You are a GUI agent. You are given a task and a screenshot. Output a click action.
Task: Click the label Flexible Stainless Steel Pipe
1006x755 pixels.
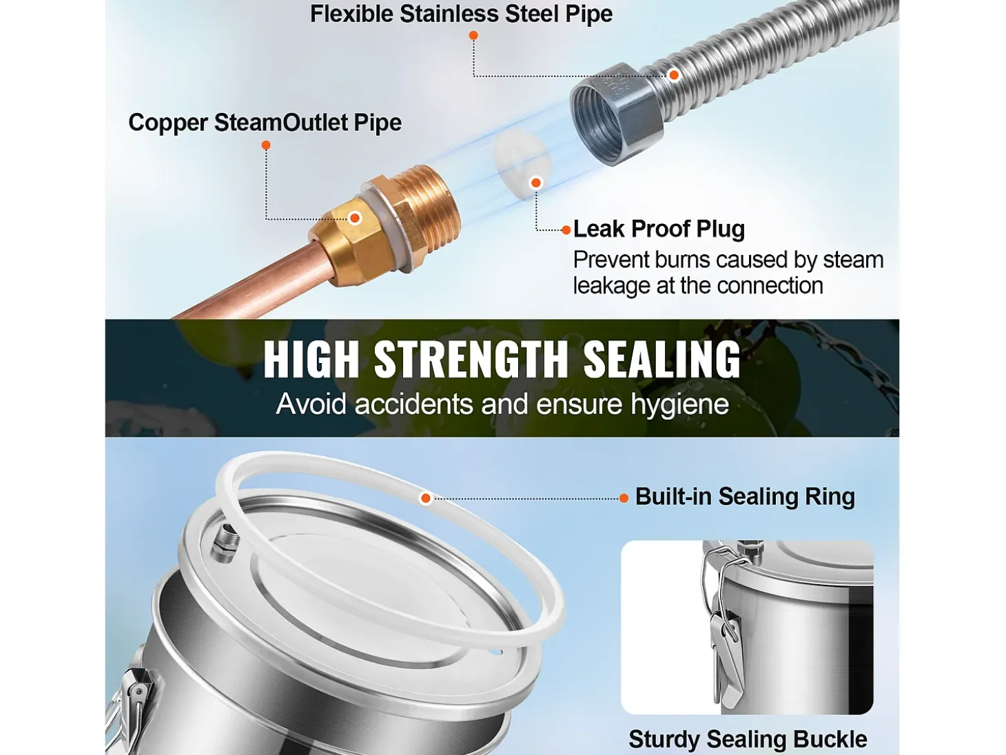coord(461,13)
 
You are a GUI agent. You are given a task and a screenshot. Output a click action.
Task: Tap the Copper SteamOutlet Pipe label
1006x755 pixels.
coord(265,123)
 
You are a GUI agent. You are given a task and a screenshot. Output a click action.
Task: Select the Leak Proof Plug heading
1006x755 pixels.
coord(659,229)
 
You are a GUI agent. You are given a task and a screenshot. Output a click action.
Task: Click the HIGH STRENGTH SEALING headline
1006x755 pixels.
coord(502,359)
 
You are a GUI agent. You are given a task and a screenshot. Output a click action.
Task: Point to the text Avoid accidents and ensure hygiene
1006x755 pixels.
coord(502,404)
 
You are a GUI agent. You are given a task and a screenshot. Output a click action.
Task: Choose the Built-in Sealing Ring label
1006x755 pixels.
coord(746,497)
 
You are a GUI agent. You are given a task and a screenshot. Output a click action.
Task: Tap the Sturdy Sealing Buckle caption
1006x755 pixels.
coord(748,738)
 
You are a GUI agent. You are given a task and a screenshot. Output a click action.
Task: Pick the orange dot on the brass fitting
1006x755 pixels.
coord(355,218)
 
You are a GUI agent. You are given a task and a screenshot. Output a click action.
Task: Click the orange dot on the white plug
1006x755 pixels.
coord(536,183)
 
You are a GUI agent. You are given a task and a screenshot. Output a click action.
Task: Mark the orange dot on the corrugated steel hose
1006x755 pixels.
coord(674,74)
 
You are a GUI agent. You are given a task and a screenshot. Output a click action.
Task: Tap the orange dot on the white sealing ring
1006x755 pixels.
coord(426,499)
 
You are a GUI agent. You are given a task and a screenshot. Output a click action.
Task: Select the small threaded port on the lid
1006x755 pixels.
coord(224,543)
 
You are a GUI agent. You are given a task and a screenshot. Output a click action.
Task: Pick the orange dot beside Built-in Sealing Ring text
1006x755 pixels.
coord(624,499)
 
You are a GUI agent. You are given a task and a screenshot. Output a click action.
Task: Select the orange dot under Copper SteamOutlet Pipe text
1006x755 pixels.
coord(266,145)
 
